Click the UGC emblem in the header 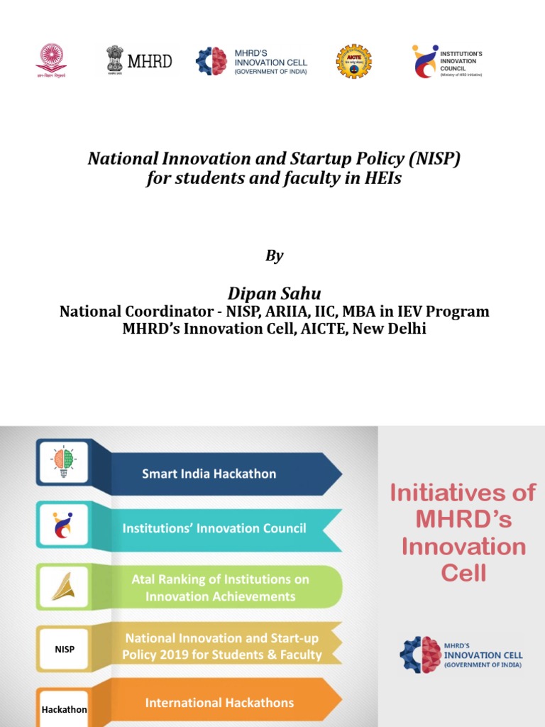coord(52,60)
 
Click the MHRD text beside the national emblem coord(150,61)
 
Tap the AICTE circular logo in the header coord(353,61)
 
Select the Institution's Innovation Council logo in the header coord(447,62)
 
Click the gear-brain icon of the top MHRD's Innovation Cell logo coord(211,62)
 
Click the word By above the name coord(274,256)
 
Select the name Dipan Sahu coord(274,293)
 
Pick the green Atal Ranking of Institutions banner coord(220,588)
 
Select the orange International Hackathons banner coord(219,703)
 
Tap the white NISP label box coord(64,649)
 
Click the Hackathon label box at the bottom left coord(64,709)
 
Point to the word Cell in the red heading coord(464,574)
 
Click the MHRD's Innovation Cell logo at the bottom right coord(461,655)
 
